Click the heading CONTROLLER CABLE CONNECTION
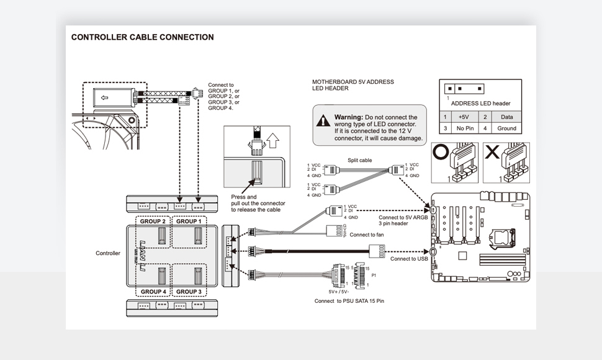click(142, 37)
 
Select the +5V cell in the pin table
click(464, 117)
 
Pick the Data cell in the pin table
click(506, 117)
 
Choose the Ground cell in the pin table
click(506, 128)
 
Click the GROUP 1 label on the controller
click(189, 221)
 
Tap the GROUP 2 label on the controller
click(153, 221)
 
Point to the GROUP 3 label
click(189, 291)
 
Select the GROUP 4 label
click(153, 291)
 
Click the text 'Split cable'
click(359, 160)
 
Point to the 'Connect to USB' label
click(409, 259)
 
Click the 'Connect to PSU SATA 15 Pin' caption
click(349, 301)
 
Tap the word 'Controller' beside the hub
click(107, 253)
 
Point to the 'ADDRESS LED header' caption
click(480, 104)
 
